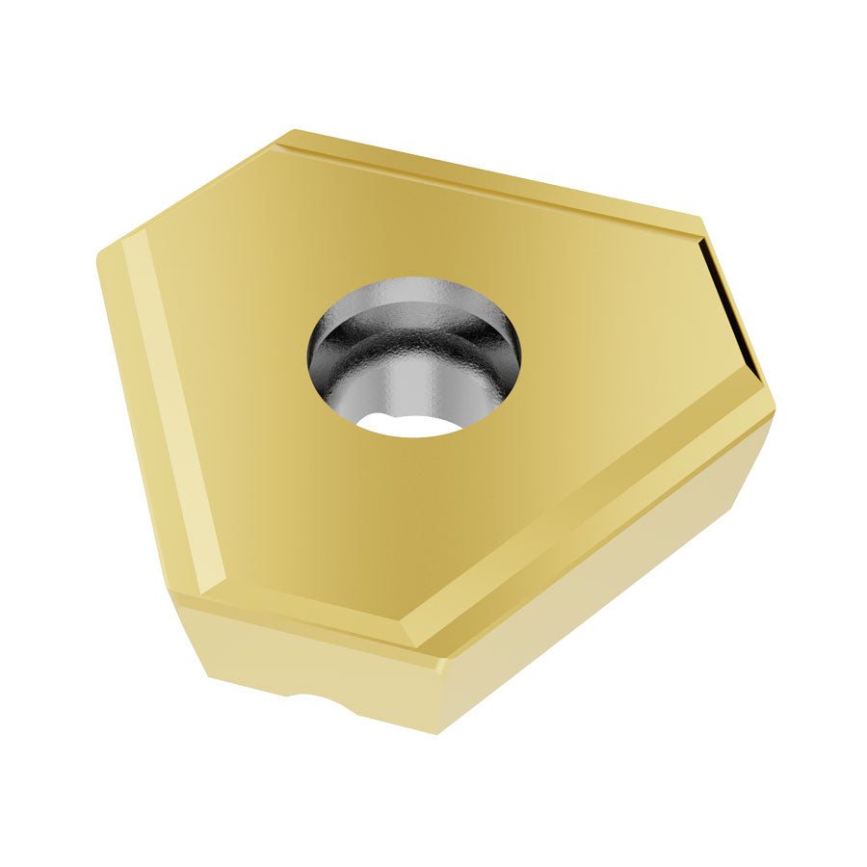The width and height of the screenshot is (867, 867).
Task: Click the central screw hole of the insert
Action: [x=413, y=356]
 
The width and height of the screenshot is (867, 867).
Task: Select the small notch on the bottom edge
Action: [x=318, y=697]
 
